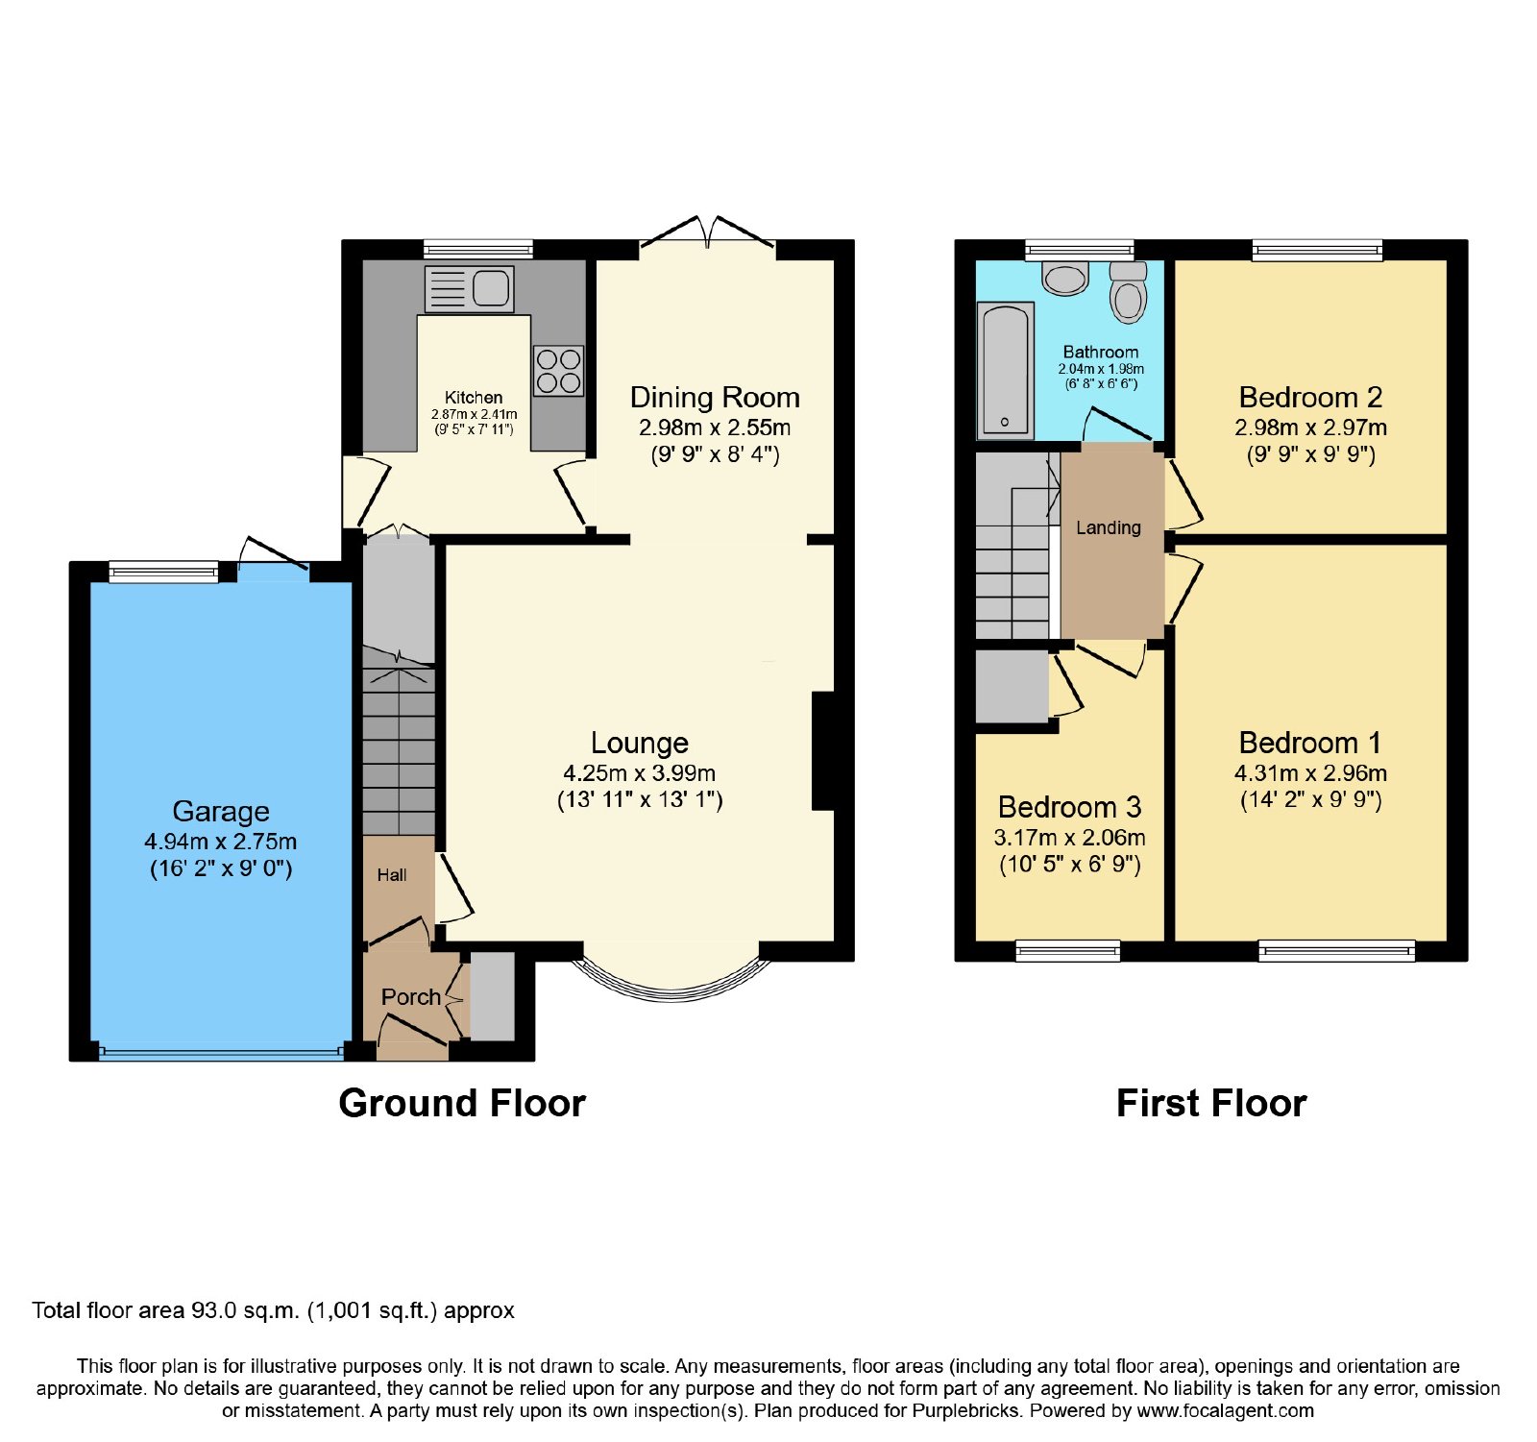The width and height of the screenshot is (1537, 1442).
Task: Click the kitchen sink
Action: [x=470, y=288]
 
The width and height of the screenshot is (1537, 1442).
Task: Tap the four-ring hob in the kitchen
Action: [x=558, y=371]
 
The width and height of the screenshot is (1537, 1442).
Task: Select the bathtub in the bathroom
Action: [x=1006, y=370]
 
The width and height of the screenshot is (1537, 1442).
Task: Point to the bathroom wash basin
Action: [x=1065, y=278]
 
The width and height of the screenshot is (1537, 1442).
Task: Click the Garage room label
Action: [x=221, y=811]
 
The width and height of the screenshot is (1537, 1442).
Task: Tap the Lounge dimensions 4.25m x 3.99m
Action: [x=640, y=773]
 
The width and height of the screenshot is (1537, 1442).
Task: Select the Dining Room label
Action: [x=715, y=397]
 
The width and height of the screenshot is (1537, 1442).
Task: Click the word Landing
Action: [x=1109, y=527]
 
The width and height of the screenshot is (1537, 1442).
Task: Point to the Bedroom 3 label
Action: [x=1070, y=807]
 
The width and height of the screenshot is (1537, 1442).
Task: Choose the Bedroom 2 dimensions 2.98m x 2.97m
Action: [x=1311, y=428]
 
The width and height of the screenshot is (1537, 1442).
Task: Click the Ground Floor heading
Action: [x=462, y=1103]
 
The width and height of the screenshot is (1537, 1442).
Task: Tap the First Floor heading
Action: [x=1211, y=1103]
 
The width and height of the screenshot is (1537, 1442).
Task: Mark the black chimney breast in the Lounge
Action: [x=823, y=751]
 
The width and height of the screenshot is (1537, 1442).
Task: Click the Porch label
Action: [x=411, y=997]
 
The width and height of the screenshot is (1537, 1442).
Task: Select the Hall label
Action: [x=392, y=875]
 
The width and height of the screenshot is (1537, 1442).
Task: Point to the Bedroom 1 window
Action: [x=1336, y=950]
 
